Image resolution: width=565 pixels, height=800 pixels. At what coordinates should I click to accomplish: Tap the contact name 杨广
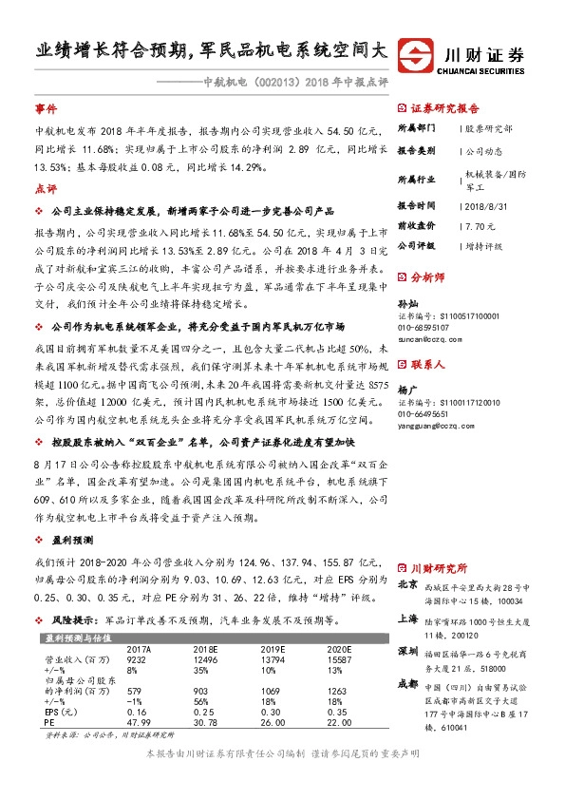[x=406, y=390]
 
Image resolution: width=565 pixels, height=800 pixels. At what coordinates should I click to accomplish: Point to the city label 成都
[x=407, y=681]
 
